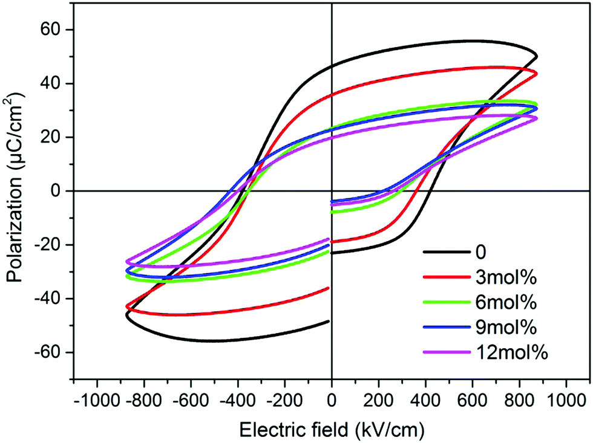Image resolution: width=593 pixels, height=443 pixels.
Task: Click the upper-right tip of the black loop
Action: (x=536, y=56)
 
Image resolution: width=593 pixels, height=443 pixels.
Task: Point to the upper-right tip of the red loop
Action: (x=536, y=73)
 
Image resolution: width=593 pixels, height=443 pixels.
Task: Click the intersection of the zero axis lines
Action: (x=332, y=191)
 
